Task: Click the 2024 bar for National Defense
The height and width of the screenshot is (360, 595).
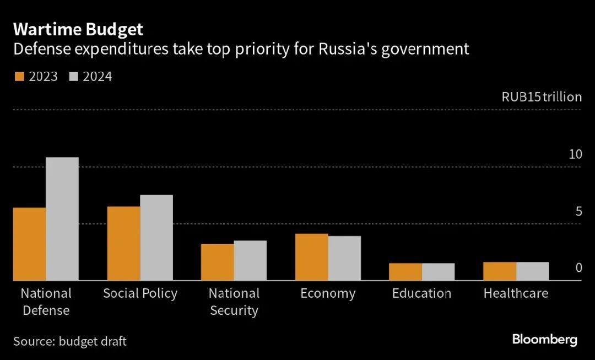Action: pos(62,219)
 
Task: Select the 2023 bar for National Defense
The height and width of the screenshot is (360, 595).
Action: pos(29,244)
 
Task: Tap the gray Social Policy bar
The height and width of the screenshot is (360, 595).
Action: pos(156,238)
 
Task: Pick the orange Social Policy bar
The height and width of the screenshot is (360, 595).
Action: pos(123,244)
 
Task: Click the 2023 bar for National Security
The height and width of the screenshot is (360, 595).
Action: pos(217,262)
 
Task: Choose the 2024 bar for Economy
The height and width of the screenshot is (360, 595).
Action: pos(344,259)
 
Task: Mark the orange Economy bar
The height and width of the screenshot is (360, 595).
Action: pos(312,257)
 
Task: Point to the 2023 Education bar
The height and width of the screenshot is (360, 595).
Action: pos(405,272)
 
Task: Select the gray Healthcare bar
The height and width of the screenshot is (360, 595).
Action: pos(533,271)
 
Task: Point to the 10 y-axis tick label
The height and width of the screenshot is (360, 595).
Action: pos(575,154)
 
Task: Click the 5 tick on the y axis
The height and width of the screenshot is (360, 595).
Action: pos(578,212)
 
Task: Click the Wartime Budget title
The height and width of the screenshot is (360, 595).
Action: pos(78,29)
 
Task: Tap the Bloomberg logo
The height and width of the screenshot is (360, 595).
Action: pos(544,339)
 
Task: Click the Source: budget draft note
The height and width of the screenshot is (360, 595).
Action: pos(70,341)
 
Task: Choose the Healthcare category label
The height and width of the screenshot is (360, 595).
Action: pos(516,293)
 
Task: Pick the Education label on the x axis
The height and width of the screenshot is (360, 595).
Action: pos(421,293)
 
